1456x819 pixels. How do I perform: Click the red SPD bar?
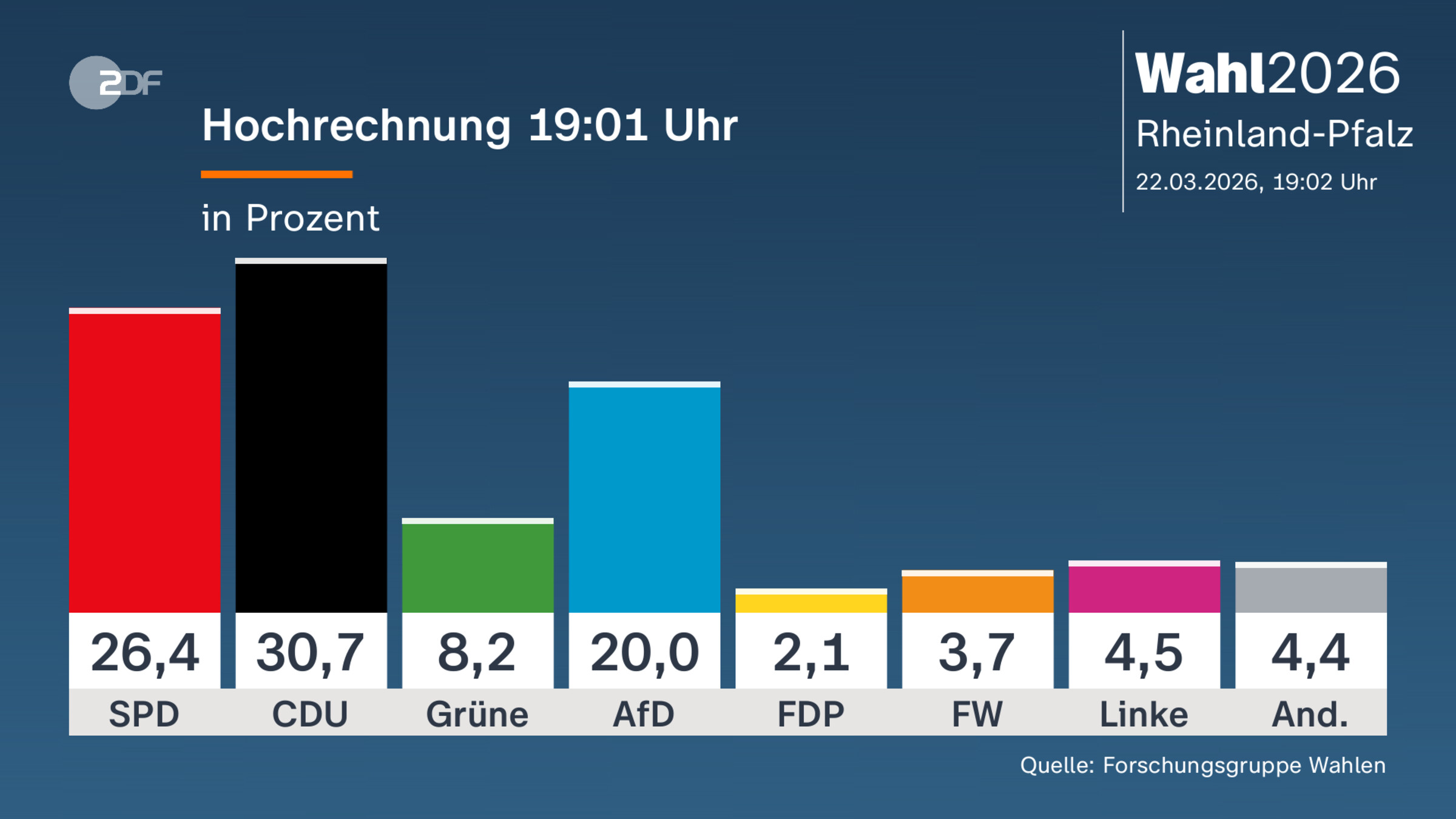pos(144,461)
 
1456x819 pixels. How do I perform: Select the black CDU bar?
pos(311,437)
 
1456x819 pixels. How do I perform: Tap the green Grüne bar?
pos(477,567)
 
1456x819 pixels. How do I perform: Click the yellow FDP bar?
pos(811,602)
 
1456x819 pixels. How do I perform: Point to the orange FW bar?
pos(977,593)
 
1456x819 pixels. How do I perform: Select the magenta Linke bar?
pos(1144,588)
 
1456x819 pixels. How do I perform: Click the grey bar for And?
pos(1311,589)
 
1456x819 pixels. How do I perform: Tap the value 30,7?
pos(311,653)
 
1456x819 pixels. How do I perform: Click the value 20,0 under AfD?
pos(644,653)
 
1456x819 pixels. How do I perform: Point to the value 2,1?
pos(811,653)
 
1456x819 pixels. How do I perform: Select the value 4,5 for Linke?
pos(1144,653)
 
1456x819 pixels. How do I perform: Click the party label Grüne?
pos(477,714)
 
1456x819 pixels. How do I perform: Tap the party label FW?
pos(977,714)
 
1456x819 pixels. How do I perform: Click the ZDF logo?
pos(115,83)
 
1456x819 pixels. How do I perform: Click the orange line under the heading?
pos(277,175)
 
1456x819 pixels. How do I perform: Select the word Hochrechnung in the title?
pos(357,126)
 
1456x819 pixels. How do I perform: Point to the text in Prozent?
pos(290,218)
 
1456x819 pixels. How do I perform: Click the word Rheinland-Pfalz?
pos(1274,133)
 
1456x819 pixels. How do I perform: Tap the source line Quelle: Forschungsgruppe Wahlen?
pos(1202,765)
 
